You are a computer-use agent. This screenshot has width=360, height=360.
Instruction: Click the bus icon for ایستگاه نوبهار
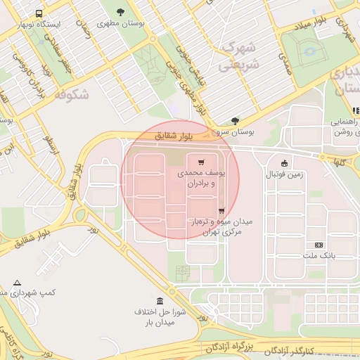37,13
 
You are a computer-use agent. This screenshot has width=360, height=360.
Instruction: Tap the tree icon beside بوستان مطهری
122,12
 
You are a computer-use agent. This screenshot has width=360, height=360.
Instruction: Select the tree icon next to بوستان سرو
234,120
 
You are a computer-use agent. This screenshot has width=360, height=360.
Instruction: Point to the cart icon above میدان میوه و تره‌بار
221,210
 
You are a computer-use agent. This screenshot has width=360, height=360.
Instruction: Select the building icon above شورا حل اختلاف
160,300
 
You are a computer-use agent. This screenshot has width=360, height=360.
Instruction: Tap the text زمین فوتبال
283,174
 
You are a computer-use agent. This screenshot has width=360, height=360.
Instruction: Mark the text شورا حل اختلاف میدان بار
160,316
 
